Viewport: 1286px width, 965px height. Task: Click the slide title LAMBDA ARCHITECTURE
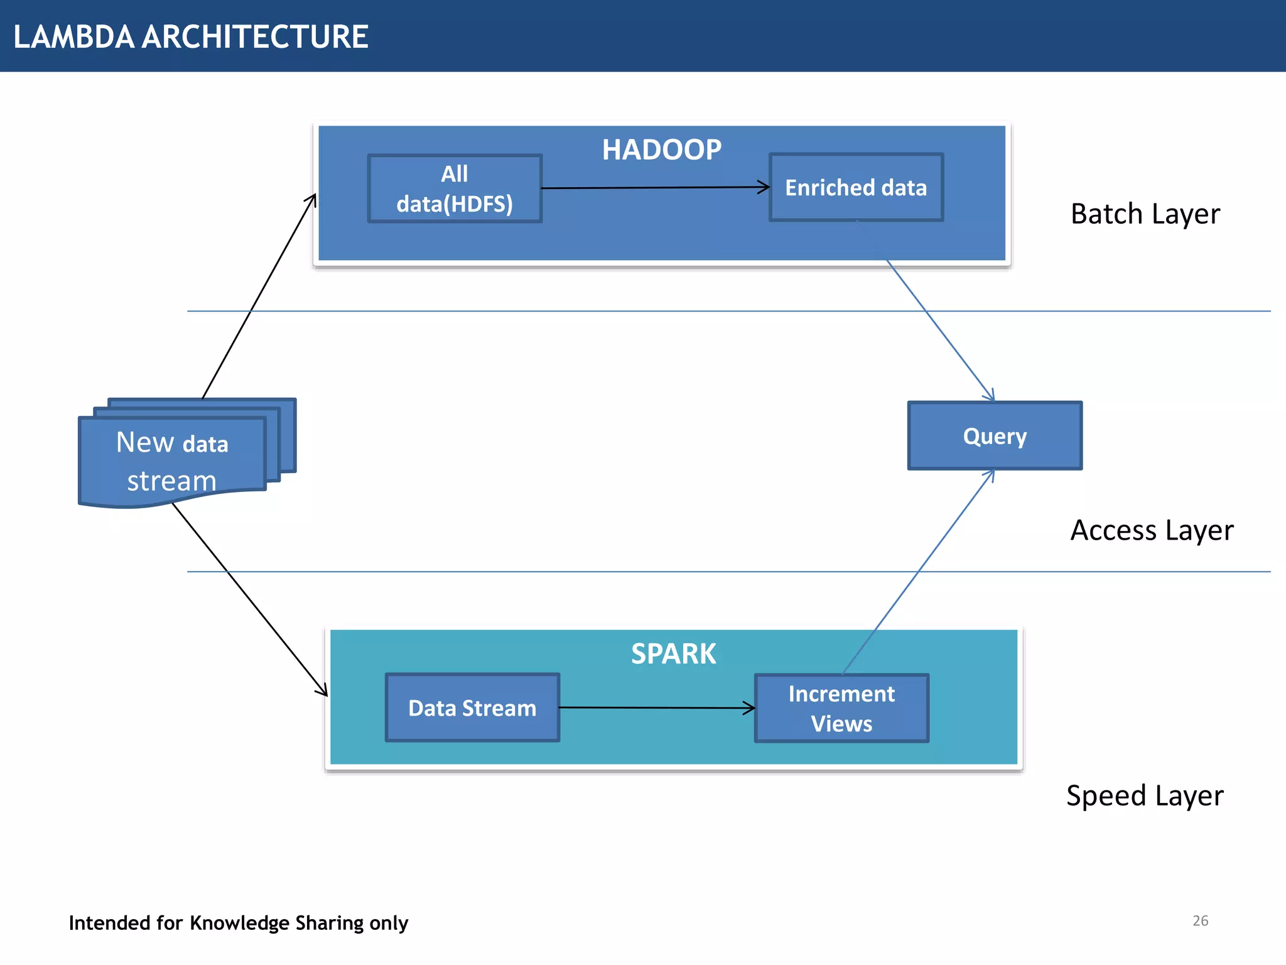pos(190,36)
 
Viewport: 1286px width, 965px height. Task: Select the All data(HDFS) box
pos(455,188)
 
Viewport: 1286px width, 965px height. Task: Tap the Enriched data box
pos(856,188)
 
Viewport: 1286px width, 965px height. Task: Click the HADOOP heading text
pos(661,150)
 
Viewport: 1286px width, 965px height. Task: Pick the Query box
pos(995,436)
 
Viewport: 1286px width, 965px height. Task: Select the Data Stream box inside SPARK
pos(472,708)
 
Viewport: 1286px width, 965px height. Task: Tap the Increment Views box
pos(841,709)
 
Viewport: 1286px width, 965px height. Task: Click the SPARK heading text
pos(673,654)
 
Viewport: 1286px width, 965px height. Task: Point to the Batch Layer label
pos(1145,214)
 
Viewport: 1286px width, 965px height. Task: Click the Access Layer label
pos(1151,530)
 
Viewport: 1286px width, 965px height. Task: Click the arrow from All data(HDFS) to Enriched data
pos(653,187)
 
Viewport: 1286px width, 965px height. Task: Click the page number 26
pos(1200,921)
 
